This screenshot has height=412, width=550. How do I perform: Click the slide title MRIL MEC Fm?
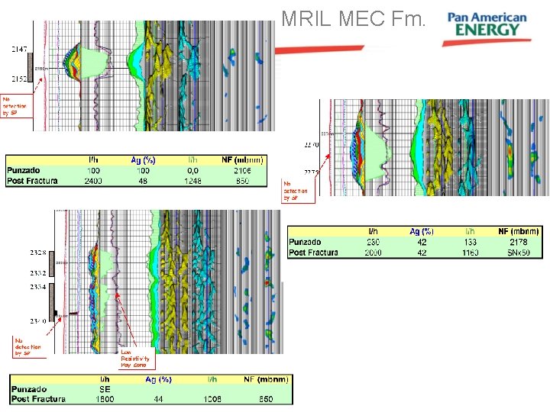click(x=353, y=18)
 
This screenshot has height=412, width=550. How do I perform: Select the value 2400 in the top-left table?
click(x=93, y=181)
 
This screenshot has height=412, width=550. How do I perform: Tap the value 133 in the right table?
click(x=469, y=242)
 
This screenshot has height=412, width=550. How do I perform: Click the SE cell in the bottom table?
click(x=105, y=388)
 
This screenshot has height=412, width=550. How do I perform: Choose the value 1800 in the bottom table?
click(x=105, y=398)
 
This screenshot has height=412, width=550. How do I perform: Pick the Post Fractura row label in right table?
click(x=314, y=252)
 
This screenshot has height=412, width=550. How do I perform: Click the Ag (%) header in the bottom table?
click(x=158, y=378)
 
